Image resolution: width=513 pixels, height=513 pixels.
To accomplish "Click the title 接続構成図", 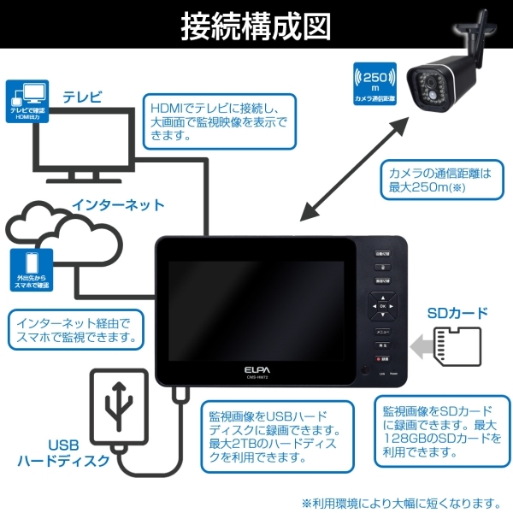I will (256, 26).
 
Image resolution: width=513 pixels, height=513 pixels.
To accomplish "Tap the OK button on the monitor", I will (382, 305).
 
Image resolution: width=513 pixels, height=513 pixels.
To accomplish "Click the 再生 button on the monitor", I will (382, 345).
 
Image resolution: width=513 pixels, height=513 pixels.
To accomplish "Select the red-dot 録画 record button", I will (382, 359).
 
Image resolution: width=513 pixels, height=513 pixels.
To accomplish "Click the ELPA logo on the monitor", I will (256, 369).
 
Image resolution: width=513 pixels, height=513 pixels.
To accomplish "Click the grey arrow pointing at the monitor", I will (422, 347).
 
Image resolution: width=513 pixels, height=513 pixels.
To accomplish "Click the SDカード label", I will (457, 313).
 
